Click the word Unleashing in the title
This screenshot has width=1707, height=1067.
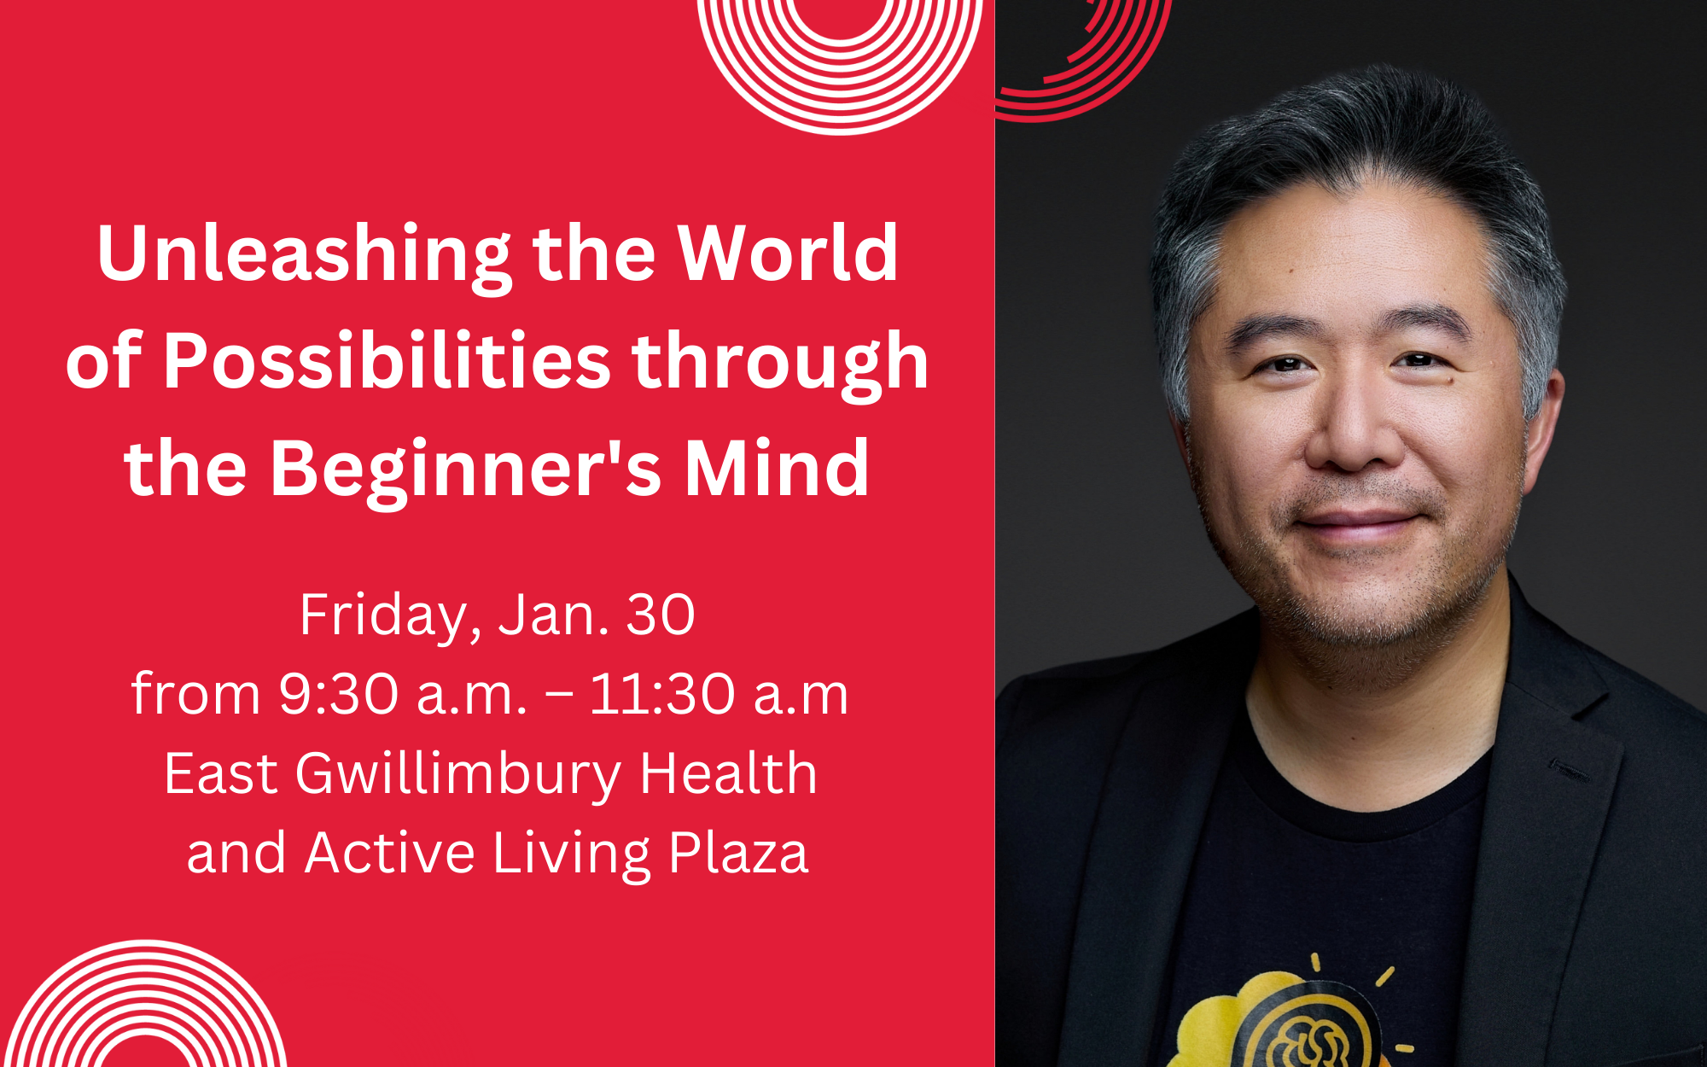pos(304,254)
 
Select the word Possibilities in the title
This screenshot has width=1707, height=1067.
pos(387,362)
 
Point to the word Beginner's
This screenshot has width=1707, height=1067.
pos(465,470)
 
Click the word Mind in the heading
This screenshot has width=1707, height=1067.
pos(777,469)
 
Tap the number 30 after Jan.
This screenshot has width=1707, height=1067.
pos(661,615)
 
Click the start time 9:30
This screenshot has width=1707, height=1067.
pos(339,693)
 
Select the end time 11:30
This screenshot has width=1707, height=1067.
pos(662,693)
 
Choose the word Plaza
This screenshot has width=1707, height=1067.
pos(738,854)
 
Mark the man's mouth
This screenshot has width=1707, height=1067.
pos(1357,522)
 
